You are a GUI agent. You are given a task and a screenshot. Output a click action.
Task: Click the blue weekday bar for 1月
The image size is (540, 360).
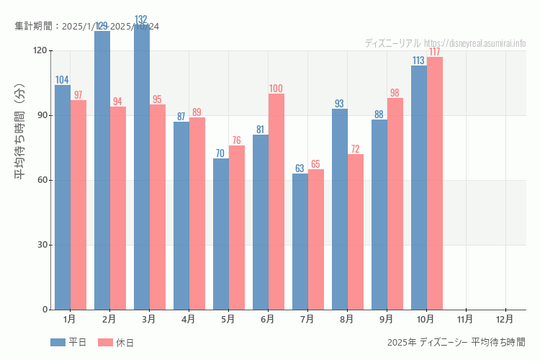pos(63,197)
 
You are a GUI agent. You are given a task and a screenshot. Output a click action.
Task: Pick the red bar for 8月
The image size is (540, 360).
pos(356,232)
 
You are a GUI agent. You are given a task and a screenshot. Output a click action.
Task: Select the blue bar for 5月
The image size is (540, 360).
pos(221,234)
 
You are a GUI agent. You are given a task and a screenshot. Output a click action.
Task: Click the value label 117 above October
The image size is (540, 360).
pos(435,52)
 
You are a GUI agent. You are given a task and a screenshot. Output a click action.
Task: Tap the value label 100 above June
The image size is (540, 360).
pos(276,89)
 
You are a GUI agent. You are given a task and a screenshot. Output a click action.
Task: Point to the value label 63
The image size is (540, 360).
pos(300,168)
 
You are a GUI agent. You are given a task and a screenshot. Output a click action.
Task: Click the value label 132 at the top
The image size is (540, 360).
pos(142,19)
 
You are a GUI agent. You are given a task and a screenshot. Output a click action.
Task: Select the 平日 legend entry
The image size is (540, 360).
pos(68,343)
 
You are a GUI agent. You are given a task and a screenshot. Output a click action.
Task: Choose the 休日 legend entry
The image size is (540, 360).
pos(116,343)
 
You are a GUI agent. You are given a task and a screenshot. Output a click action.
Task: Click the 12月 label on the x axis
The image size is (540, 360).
pos(505,318)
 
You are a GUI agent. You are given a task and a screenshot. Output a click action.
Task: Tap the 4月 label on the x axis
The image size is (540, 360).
pos(188,318)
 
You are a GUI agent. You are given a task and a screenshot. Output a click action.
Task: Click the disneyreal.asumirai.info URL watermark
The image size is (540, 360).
pos(474,43)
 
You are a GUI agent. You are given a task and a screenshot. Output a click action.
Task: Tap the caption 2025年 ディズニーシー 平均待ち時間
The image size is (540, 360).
pos(456,342)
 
